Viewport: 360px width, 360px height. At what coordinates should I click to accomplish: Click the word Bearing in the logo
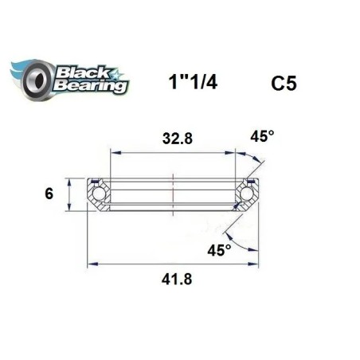tap(89, 84)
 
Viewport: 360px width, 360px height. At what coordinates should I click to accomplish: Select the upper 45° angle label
tap(262, 136)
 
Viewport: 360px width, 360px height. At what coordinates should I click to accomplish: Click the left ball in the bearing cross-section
tap(100, 193)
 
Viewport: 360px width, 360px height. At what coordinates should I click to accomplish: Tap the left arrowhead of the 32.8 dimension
tap(113, 151)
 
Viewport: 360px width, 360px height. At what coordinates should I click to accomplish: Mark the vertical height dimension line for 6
tap(69, 192)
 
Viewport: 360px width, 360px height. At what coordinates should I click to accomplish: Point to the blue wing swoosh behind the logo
tap(20, 70)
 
